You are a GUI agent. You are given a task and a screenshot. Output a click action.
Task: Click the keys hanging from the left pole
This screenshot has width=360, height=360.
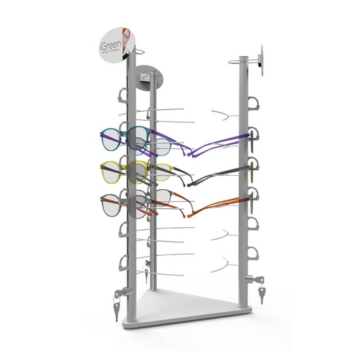[117, 300]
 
